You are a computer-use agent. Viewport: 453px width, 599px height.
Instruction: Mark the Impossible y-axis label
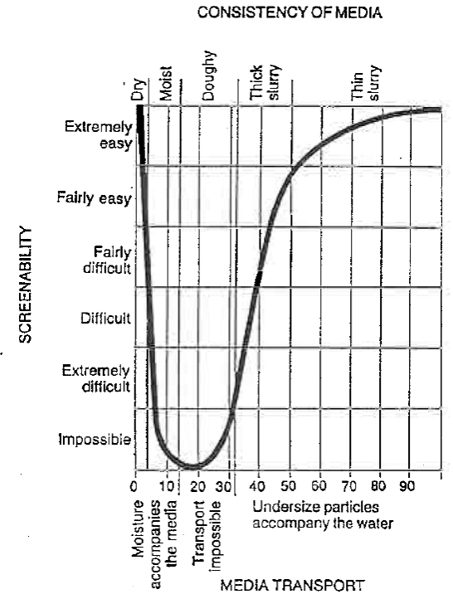(95, 440)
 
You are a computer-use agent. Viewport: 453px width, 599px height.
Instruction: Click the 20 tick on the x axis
(195, 485)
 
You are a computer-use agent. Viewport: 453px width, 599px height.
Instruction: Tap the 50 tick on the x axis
(290, 485)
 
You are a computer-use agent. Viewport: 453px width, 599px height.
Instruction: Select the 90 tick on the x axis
(408, 485)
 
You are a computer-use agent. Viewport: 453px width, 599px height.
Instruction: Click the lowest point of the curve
(192, 466)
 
